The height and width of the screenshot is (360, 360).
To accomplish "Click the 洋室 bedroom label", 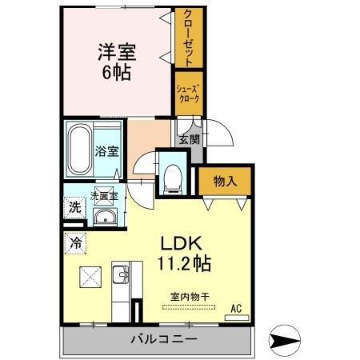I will click(x=116, y=51).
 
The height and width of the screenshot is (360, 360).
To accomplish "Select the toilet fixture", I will click(x=170, y=177).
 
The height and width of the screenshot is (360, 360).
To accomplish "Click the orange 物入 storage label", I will click(x=226, y=182).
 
